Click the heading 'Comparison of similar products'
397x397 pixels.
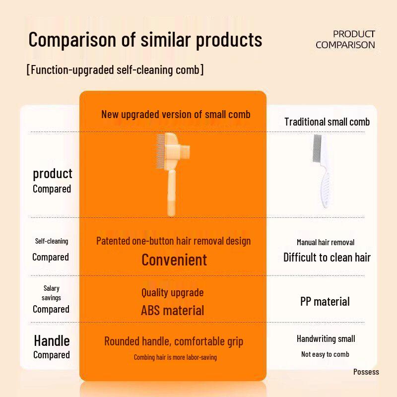coord(145,40)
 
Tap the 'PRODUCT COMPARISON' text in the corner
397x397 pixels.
coord(345,39)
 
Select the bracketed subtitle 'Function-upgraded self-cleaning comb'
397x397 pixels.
coord(115,69)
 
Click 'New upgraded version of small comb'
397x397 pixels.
coord(176,114)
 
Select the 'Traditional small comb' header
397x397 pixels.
coord(327,122)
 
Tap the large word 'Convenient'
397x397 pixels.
coord(174,260)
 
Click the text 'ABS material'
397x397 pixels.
coord(172,311)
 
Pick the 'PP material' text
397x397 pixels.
coord(325,301)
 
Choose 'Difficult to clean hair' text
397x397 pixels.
coord(327,257)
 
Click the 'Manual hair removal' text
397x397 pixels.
coord(326,243)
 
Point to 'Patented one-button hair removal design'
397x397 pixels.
coord(173,241)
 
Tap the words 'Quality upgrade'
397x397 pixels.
coord(172,293)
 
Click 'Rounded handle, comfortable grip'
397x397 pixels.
coord(174,341)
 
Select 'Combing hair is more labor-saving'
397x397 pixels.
coord(175,357)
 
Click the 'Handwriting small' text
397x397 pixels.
coord(326,339)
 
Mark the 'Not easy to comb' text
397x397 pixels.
coord(325,354)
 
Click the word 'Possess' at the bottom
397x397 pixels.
coord(366,372)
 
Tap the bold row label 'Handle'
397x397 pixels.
coord(52,340)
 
